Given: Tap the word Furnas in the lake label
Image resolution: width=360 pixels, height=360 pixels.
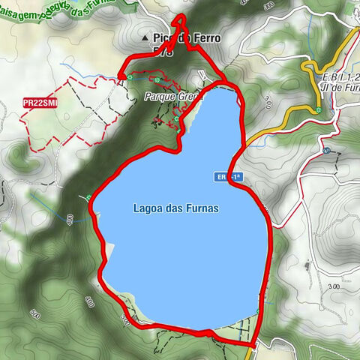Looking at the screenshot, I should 202,209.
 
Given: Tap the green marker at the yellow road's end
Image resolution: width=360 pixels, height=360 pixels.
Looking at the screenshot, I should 319,111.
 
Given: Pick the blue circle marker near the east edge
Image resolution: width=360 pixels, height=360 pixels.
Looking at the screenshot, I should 326,151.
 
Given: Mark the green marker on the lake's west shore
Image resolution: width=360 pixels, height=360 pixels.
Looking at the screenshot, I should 88,198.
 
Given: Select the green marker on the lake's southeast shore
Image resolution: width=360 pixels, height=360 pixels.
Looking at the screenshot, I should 258,310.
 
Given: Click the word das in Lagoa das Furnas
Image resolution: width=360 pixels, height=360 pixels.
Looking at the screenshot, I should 175,209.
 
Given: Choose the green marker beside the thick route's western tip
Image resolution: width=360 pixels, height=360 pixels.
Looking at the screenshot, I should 130,77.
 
